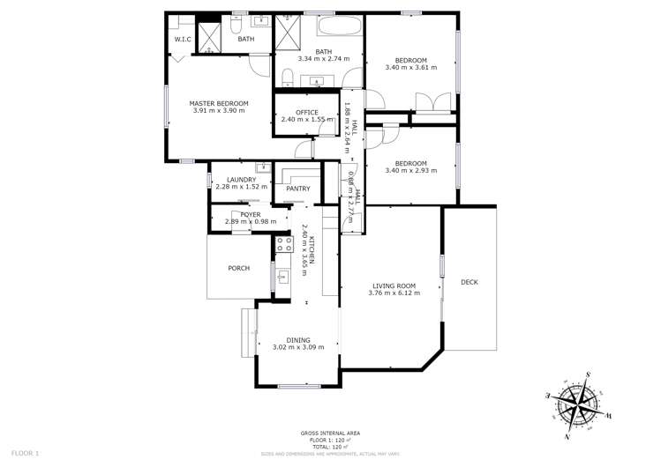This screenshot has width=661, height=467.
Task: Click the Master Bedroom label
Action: point(219,103)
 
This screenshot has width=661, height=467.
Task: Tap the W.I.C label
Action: point(183,40)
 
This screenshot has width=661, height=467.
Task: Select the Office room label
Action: point(307,112)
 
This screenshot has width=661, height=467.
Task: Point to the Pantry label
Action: point(297,189)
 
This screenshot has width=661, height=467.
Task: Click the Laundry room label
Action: point(241,180)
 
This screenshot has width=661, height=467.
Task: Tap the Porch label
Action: point(238,268)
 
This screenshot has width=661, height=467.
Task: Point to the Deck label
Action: point(469,282)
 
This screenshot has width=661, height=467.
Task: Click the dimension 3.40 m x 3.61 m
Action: point(411,67)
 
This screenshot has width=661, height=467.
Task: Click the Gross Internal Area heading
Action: point(330,433)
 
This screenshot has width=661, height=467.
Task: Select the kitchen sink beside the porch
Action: point(283,280)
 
